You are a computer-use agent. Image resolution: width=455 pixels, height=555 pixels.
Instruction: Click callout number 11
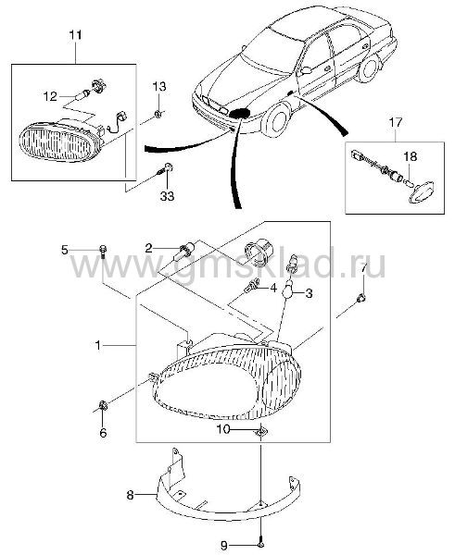point(75,35)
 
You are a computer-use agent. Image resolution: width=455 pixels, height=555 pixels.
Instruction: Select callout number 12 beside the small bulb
point(50,96)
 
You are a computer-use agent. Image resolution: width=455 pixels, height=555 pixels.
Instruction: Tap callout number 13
point(159,86)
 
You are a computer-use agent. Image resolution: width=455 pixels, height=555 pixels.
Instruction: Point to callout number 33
point(167,195)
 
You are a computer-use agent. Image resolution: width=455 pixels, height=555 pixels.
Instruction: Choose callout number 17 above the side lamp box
point(396,122)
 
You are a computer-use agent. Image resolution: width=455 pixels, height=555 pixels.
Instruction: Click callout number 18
point(411,156)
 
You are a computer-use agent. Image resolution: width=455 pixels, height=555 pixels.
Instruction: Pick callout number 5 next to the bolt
point(64,250)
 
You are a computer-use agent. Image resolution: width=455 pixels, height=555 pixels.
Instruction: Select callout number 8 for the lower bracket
point(130,495)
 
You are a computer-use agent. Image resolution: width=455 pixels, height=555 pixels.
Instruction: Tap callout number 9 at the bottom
point(223,546)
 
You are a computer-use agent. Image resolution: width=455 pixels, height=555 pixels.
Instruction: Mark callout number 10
point(223,429)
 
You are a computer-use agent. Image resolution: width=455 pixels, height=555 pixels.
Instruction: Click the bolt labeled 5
point(103,251)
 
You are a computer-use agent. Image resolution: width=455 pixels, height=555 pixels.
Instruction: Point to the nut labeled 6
point(103,405)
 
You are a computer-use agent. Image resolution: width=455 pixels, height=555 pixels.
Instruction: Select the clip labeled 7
point(361,299)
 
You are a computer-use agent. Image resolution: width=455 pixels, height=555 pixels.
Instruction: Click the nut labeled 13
point(158,114)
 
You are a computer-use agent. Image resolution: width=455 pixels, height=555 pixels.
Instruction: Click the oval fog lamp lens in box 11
point(57,142)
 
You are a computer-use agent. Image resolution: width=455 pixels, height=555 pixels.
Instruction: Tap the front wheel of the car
point(278,120)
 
